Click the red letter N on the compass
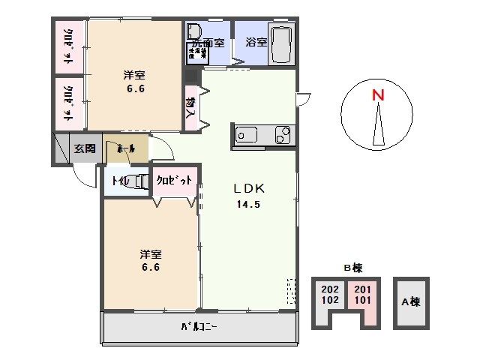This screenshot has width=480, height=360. [x=379, y=95]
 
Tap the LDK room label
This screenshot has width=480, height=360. [x=249, y=188]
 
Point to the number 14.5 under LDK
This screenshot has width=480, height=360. [x=249, y=204]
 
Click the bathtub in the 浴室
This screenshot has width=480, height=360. [x=282, y=44]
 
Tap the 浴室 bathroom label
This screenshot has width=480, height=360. [x=256, y=42]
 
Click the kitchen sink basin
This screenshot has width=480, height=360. [x=247, y=135]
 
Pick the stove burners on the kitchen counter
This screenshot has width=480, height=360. [x=283, y=135]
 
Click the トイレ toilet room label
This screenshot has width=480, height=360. [x=118, y=180]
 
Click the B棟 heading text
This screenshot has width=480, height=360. [x=352, y=268]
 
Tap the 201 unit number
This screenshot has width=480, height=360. [x=361, y=289]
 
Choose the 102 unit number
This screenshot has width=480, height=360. [x=329, y=300]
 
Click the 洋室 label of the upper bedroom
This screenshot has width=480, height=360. [x=134, y=75]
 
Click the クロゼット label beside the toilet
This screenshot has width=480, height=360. [x=175, y=180]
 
